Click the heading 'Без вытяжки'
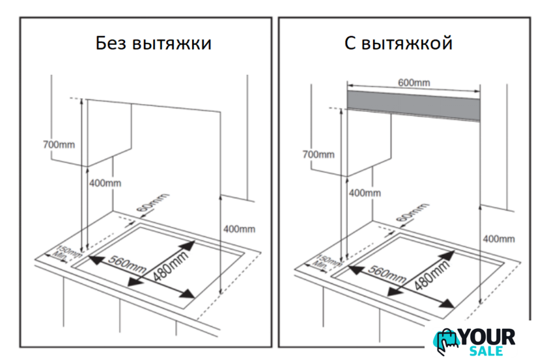click(154, 44)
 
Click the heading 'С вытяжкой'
click(399, 44)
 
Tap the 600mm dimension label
click(414, 83)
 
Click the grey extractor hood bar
click(414, 105)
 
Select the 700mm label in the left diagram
click(59, 144)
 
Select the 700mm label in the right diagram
click(318, 154)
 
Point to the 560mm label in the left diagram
click(126, 264)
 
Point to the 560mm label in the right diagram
click(387, 274)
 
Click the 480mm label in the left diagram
click(171, 266)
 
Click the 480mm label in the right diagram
click(432, 276)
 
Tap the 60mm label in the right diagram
click(412, 212)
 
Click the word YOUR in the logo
click(487, 337)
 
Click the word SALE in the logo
click(486, 351)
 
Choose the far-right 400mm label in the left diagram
click(240, 229)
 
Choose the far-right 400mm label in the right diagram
click(499, 239)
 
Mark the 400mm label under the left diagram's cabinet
click(105, 183)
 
